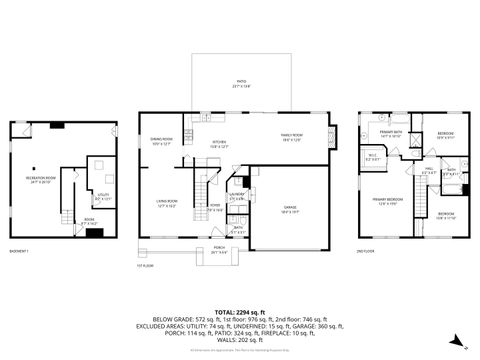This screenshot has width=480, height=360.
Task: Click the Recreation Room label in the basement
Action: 39,181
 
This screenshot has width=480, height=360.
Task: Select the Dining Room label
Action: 161,142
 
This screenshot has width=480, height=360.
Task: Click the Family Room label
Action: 290,139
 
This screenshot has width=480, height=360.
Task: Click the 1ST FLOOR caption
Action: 145,265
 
